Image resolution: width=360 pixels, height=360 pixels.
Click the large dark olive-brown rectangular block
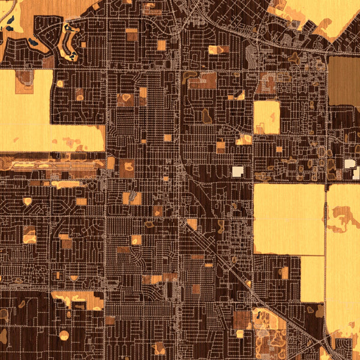coord(344,82)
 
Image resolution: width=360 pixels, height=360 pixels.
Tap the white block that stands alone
coord(238,172)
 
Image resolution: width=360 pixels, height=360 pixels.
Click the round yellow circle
coord(64,335)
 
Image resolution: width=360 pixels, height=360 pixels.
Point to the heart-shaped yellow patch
coord(26,202)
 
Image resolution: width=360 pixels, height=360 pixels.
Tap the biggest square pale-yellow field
coord(288,218)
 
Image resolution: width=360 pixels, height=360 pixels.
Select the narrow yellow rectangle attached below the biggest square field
coord(312,278)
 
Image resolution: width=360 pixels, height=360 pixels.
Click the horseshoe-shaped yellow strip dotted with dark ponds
coord(69,42)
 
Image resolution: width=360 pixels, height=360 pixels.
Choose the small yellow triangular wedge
coord(239,95)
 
